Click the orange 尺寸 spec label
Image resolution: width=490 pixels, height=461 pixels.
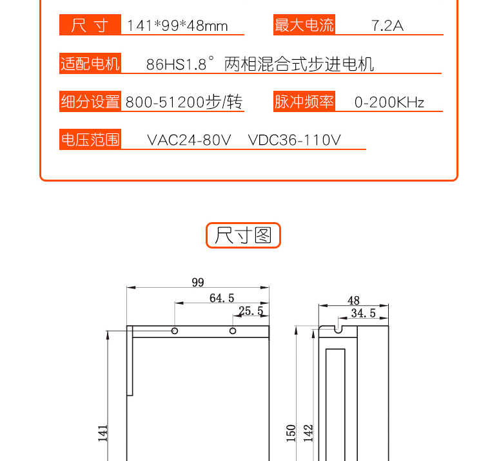(90, 24)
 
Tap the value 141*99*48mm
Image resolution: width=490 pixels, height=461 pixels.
(177, 26)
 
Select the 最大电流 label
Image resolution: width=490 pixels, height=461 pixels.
(304, 24)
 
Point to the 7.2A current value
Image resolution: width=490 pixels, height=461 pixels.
(387, 26)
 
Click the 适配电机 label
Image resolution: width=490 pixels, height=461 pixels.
(90, 63)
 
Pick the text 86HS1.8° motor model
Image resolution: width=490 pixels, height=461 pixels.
(180, 63)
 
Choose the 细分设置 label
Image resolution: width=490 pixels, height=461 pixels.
(90, 102)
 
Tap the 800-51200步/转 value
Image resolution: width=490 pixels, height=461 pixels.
(184, 102)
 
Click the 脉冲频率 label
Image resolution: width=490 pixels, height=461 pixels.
(304, 102)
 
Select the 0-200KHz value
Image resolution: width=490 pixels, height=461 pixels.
(389, 102)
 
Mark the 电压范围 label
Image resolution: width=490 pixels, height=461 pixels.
(90, 140)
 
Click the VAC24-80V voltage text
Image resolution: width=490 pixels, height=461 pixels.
(189, 140)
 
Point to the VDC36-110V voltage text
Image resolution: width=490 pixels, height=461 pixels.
(294, 140)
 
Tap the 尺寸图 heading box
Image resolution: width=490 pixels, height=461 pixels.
(243, 236)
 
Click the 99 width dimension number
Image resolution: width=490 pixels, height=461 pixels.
(198, 282)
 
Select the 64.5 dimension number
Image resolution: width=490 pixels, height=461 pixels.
(222, 298)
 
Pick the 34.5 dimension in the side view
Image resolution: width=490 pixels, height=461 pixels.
(363, 313)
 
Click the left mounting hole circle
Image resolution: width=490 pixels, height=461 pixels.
(175, 331)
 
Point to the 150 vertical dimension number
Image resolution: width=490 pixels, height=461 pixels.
(291, 433)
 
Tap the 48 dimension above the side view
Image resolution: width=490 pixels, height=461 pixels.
(353, 301)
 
